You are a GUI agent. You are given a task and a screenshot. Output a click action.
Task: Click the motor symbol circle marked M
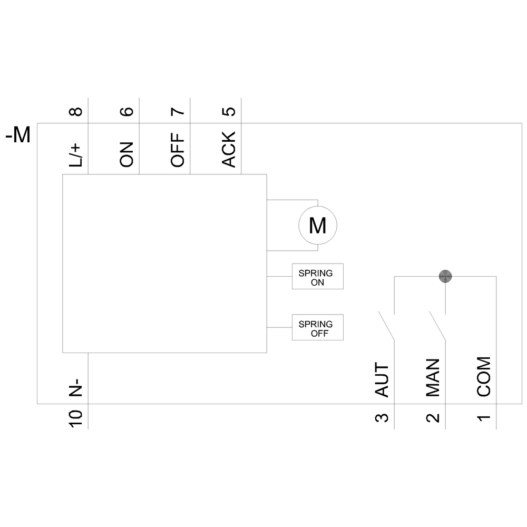pos(317,226)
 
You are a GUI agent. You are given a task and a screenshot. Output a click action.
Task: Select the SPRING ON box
pos(317,276)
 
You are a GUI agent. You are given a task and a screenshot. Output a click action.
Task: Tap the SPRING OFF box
pos(317,327)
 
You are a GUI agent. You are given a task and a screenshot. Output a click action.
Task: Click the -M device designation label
pos(18,136)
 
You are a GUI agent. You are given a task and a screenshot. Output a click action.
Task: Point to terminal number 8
pos(76,111)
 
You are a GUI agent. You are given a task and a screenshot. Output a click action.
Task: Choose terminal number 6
pos(127,111)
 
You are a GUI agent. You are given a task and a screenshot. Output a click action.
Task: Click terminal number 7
pos(178,111)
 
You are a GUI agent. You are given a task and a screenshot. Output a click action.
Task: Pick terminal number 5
pos(229,111)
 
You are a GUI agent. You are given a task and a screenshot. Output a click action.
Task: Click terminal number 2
pos(433,418)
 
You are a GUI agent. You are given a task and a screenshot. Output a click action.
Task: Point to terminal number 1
pos(484,418)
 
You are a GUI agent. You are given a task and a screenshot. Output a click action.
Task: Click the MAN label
pos(433,378)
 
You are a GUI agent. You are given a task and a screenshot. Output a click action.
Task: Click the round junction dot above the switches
pos(446,275)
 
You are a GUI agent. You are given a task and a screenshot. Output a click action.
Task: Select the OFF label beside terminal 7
pos(178,150)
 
